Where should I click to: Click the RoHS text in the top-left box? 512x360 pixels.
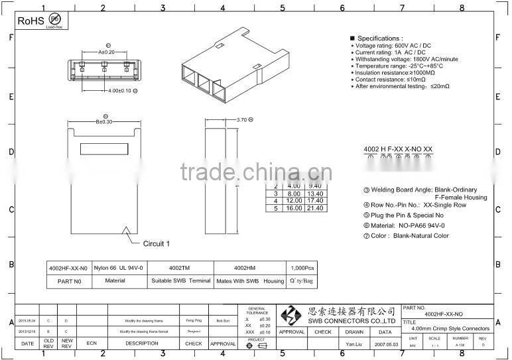(x=30, y=21)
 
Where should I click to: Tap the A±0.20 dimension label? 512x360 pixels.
(x=106, y=51)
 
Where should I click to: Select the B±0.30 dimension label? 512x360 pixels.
(x=105, y=121)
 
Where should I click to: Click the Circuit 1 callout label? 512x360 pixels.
(x=157, y=244)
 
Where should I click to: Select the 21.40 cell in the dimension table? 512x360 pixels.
(x=314, y=208)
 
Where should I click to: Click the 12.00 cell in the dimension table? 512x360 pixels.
(x=294, y=200)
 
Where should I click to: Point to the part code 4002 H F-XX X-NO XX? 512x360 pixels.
(x=398, y=149)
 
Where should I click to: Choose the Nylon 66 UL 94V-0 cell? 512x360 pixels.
(x=119, y=268)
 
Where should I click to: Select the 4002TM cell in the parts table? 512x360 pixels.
(x=180, y=268)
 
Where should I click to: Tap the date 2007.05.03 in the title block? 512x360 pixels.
(x=385, y=345)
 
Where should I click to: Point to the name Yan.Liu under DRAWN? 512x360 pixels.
(x=355, y=345)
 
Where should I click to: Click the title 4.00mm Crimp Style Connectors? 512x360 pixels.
(x=450, y=328)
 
